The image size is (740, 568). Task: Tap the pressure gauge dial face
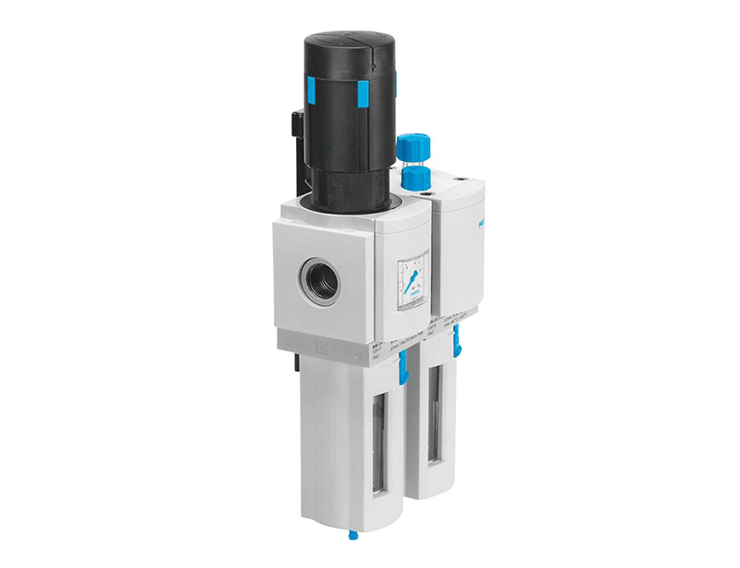(410, 281)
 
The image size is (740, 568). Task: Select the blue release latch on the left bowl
(401, 371)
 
